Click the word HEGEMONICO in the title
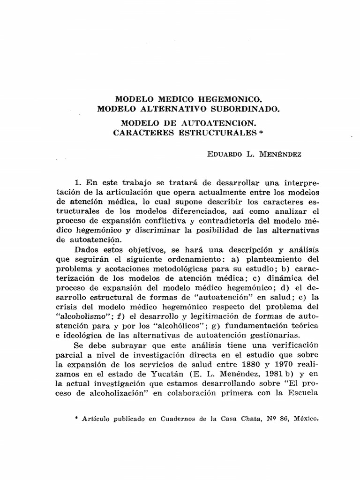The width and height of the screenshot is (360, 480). (222, 100)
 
